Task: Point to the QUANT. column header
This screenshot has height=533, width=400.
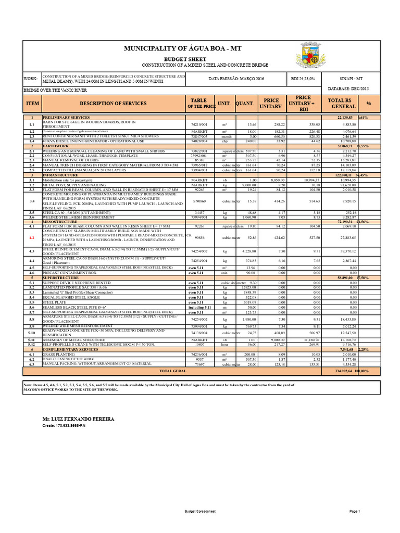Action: (x=244, y=104)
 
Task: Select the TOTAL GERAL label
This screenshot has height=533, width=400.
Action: (x=172, y=371)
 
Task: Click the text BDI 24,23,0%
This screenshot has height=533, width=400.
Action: (x=303, y=78)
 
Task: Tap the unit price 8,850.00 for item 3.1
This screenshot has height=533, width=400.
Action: (x=276, y=180)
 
